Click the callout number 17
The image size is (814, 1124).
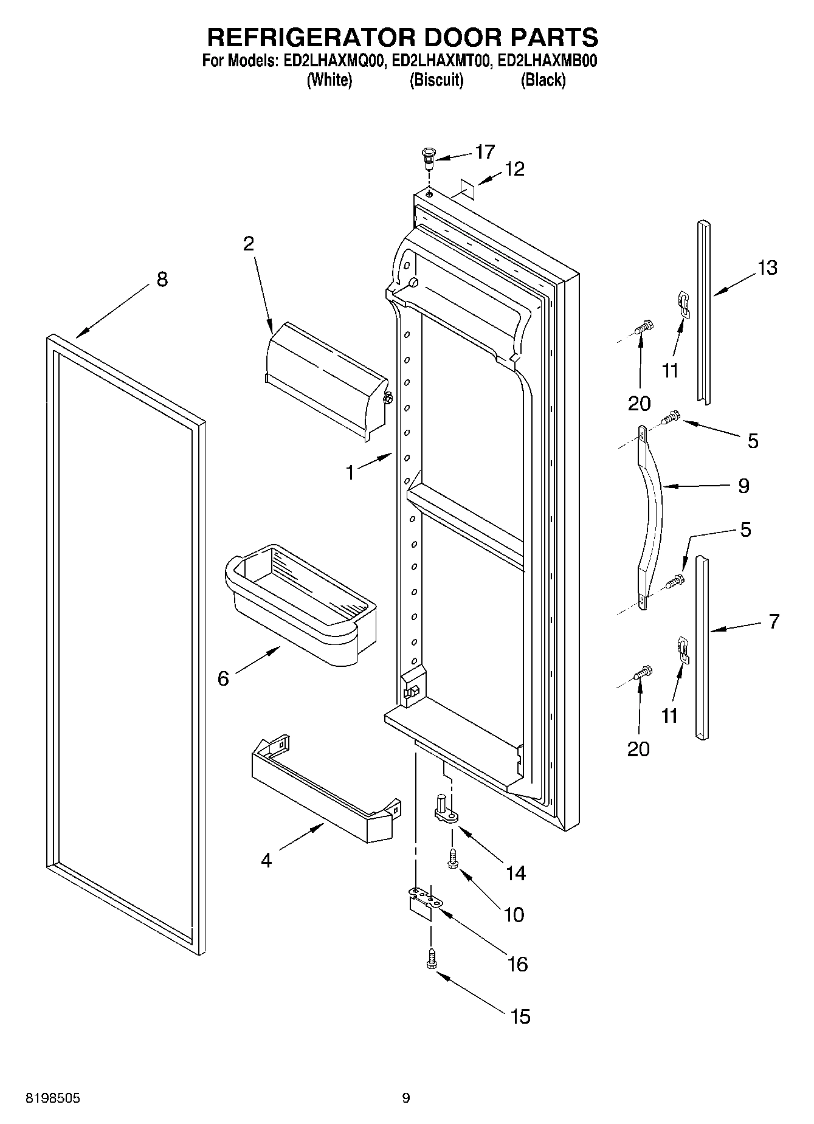pos(485,151)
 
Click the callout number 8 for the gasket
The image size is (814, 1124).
pos(162,280)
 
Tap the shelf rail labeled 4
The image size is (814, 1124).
pos(322,790)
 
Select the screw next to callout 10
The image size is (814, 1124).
pos(452,859)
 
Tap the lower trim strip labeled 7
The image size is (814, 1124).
pos(702,647)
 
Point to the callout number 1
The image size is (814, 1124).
pos(350,472)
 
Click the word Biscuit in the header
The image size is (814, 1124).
pos(436,80)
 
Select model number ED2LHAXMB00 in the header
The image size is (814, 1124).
pos(547,61)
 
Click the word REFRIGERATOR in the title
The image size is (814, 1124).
pos(311,37)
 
